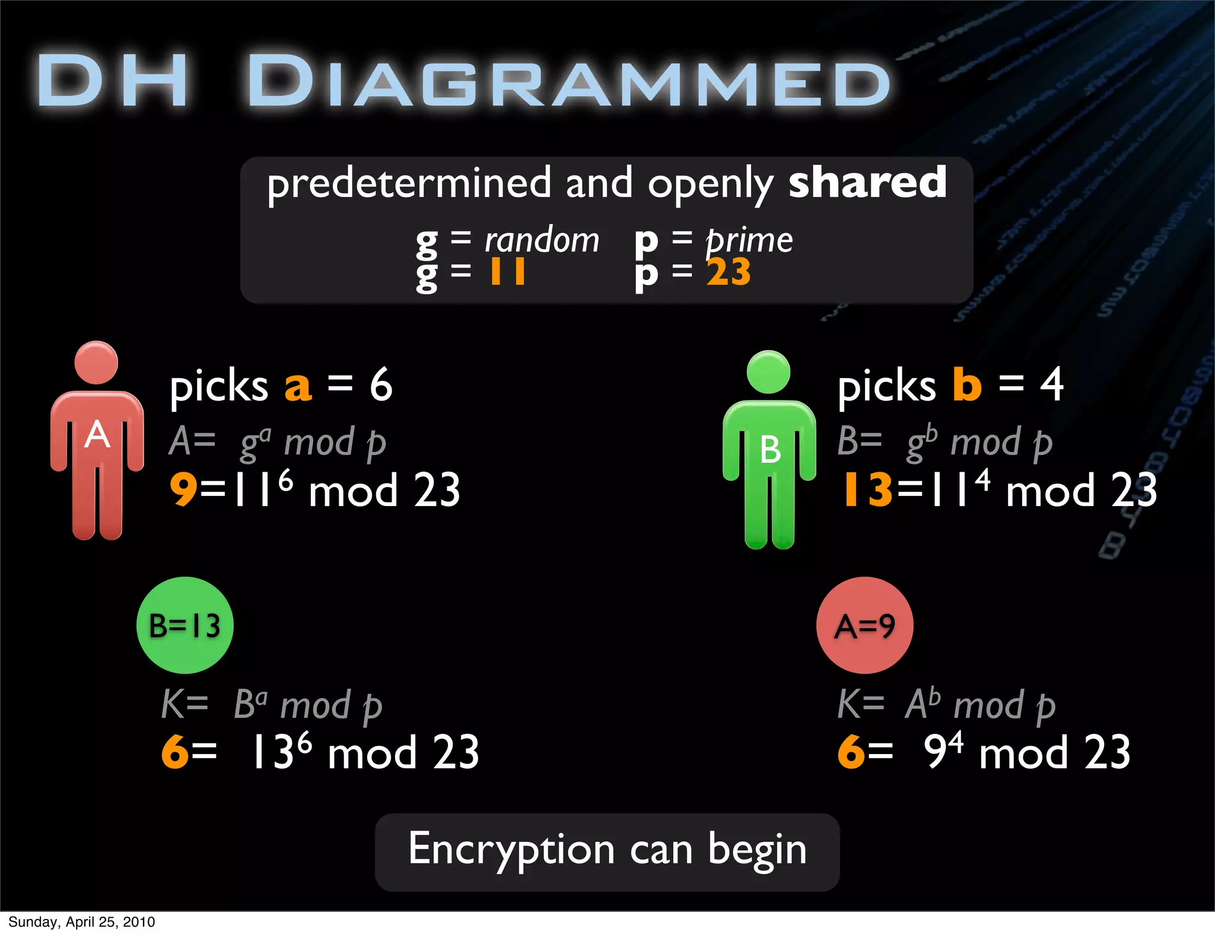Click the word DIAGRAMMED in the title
(x=568, y=81)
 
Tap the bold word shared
(x=867, y=183)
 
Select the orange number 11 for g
(x=507, y=272)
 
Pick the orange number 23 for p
(x=729, y=272)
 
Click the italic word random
(x=542, y=240)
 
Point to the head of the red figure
(x=96, y=362)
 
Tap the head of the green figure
(x=768, y=372)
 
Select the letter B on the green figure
(x=770, y=450)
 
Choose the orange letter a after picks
(x=298, y=386)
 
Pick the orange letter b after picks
(x=967, y=384)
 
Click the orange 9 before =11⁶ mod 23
(x=183, y=490)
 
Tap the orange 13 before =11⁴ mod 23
(x=868, y=490)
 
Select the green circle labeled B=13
(x=185, y=625)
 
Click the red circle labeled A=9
(x=864, y=625)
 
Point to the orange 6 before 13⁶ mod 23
(x=175, y=752)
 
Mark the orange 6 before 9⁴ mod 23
(x=851, y=752)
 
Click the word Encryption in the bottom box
(x=511, y=850)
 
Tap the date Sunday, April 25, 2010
(x=81, y=922)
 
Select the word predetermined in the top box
(x=409, y=184)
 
